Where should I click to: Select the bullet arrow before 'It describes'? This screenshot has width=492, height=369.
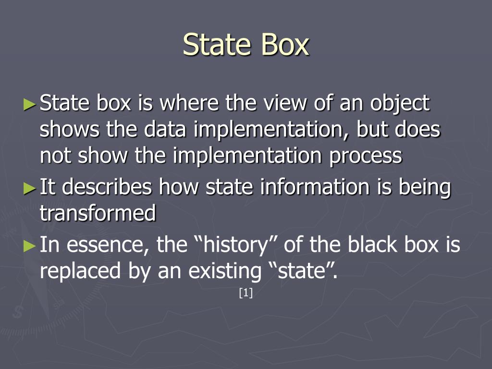(x=30, y=187)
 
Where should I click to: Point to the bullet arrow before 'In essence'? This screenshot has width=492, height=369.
(x=30, y=246)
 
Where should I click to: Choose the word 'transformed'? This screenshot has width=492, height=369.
(x=98, y=213)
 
